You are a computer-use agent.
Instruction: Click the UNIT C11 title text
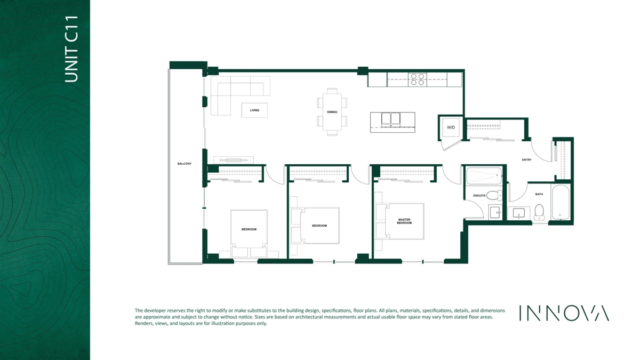[71, 49]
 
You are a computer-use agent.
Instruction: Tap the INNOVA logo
[564, 313]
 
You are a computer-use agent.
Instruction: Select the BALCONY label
[185, 164]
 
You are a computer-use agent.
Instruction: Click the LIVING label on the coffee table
[254, 110]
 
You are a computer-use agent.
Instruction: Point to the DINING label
[332, 112]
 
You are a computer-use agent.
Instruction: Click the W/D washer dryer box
[451, 127]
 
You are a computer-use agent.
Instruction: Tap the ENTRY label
[526, 159]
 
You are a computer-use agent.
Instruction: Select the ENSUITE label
[479, 196]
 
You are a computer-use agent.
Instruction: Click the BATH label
[539, 194]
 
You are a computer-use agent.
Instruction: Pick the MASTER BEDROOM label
[404, 221]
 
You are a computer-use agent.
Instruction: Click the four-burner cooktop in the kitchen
[418, 79]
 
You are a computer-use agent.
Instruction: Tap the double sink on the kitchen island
[391, 119]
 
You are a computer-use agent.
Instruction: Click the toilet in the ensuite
[494, 195]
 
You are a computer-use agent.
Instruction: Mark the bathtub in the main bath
[561, 202]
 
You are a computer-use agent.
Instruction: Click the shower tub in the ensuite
[484, 175]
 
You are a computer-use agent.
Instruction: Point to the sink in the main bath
[518, 213]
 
